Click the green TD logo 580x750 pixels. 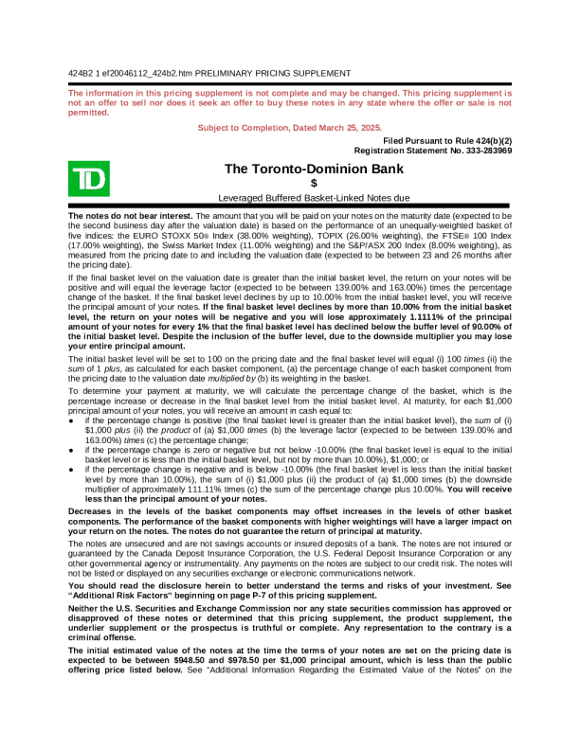pyautogui.click(x=88, y=179)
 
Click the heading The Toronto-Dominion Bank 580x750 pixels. pyautogui.click(x=314, y=169)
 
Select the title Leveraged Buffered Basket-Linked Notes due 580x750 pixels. pyautogui.click(x=314, y=198)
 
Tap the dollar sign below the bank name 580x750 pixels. pyautogui.click(x=314, y=183)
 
